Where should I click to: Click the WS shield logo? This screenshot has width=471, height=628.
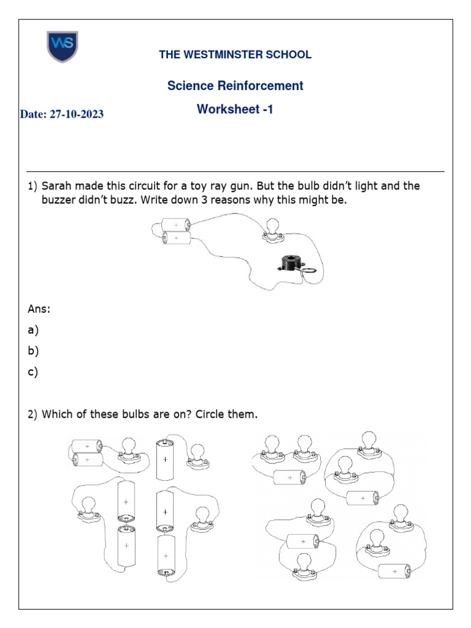[63, 47]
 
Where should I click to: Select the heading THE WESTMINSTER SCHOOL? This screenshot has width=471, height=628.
[235, 55]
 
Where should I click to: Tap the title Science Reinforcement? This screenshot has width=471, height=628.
[235, 86]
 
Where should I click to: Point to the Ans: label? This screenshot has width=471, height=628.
[39, 309]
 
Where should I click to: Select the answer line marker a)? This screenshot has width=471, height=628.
[33, 331]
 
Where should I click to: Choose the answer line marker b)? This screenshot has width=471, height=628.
[33, 351]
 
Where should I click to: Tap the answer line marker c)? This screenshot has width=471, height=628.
[33, 372]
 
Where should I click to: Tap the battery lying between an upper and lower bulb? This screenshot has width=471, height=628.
[302, 541]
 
